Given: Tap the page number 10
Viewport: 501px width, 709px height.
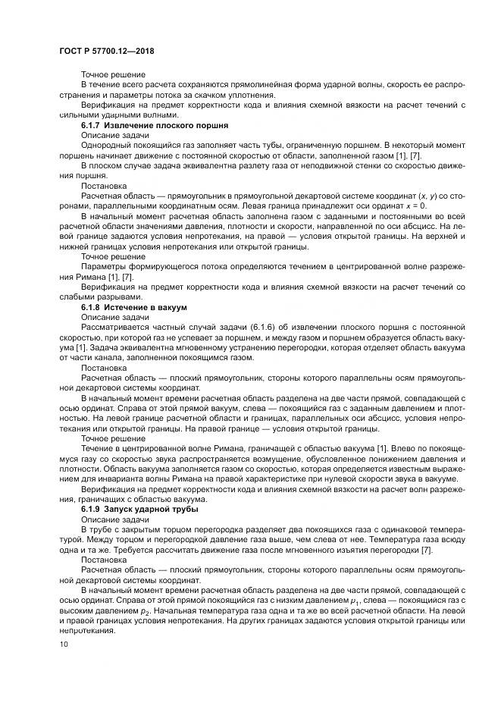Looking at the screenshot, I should (63, 645).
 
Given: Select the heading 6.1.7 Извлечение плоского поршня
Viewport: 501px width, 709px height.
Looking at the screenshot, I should (155, 124).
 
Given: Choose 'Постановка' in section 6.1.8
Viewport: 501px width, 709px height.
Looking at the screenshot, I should (103, 367).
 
